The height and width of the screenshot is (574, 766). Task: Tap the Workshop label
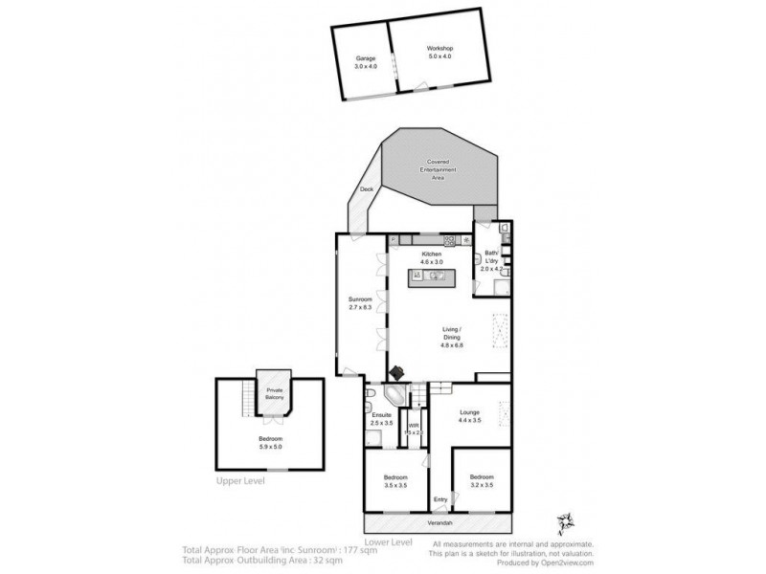439,52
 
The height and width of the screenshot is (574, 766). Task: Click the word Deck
366,190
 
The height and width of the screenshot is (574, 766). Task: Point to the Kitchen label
431,257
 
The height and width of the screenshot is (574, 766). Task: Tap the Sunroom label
359,306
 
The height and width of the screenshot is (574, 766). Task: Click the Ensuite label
381,418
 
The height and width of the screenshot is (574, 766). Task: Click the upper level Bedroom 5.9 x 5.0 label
267,443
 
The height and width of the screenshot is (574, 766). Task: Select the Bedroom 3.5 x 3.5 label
395,480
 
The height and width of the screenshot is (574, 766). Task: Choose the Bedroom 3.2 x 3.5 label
481,480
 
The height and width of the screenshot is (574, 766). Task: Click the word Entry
440,499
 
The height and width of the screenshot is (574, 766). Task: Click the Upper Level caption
240,481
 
